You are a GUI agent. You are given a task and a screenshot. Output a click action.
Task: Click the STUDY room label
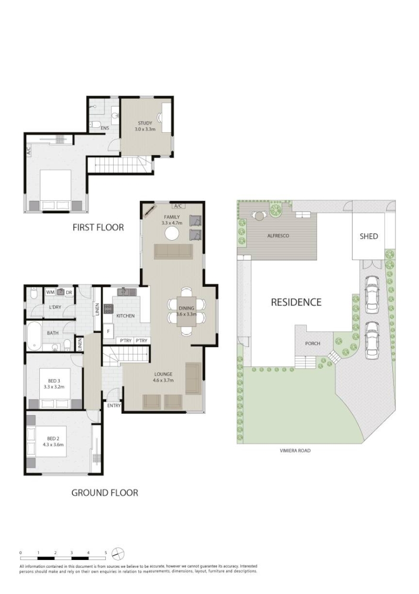pos(145,123)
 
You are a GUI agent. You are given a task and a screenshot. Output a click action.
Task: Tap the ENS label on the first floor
pos(105,128)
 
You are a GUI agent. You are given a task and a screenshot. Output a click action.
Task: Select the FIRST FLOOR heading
pos(98,228)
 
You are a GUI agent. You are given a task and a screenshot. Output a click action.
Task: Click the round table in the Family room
pos(172,233)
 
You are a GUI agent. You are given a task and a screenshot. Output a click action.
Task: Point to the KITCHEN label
pos(125,316)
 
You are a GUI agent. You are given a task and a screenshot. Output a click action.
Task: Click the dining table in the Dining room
pos(186,311)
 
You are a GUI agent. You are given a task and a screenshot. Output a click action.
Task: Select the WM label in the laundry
pos(50,293)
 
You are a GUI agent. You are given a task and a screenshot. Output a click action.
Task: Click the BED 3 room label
pos(54,381)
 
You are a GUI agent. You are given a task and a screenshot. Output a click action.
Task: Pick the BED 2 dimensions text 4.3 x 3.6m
pos(53,445)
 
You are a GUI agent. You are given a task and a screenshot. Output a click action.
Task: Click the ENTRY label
pos(114,405)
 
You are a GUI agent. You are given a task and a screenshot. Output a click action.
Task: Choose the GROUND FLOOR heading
pos(105,492)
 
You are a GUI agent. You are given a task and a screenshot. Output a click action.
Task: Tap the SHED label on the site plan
pos(369,236)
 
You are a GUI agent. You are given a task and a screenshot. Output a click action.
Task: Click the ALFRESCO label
pos(278,235)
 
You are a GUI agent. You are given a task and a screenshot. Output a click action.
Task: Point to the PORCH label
pos(313,343)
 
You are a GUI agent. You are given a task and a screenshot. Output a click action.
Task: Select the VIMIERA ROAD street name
pos(295,450)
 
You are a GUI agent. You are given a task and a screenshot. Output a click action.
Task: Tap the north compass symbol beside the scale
pos(118,554)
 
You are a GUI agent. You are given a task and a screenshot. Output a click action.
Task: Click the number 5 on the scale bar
pos(106,553)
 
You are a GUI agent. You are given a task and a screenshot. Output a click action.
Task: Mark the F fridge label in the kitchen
pos(108,331)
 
